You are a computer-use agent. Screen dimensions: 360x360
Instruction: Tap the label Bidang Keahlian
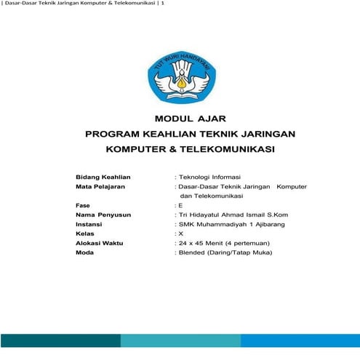pos(103,177)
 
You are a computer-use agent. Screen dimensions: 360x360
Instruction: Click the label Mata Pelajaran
pos(100,186)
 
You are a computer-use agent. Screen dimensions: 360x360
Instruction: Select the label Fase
pos(83,206)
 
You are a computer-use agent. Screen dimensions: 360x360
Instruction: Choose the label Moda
pos(85,253)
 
